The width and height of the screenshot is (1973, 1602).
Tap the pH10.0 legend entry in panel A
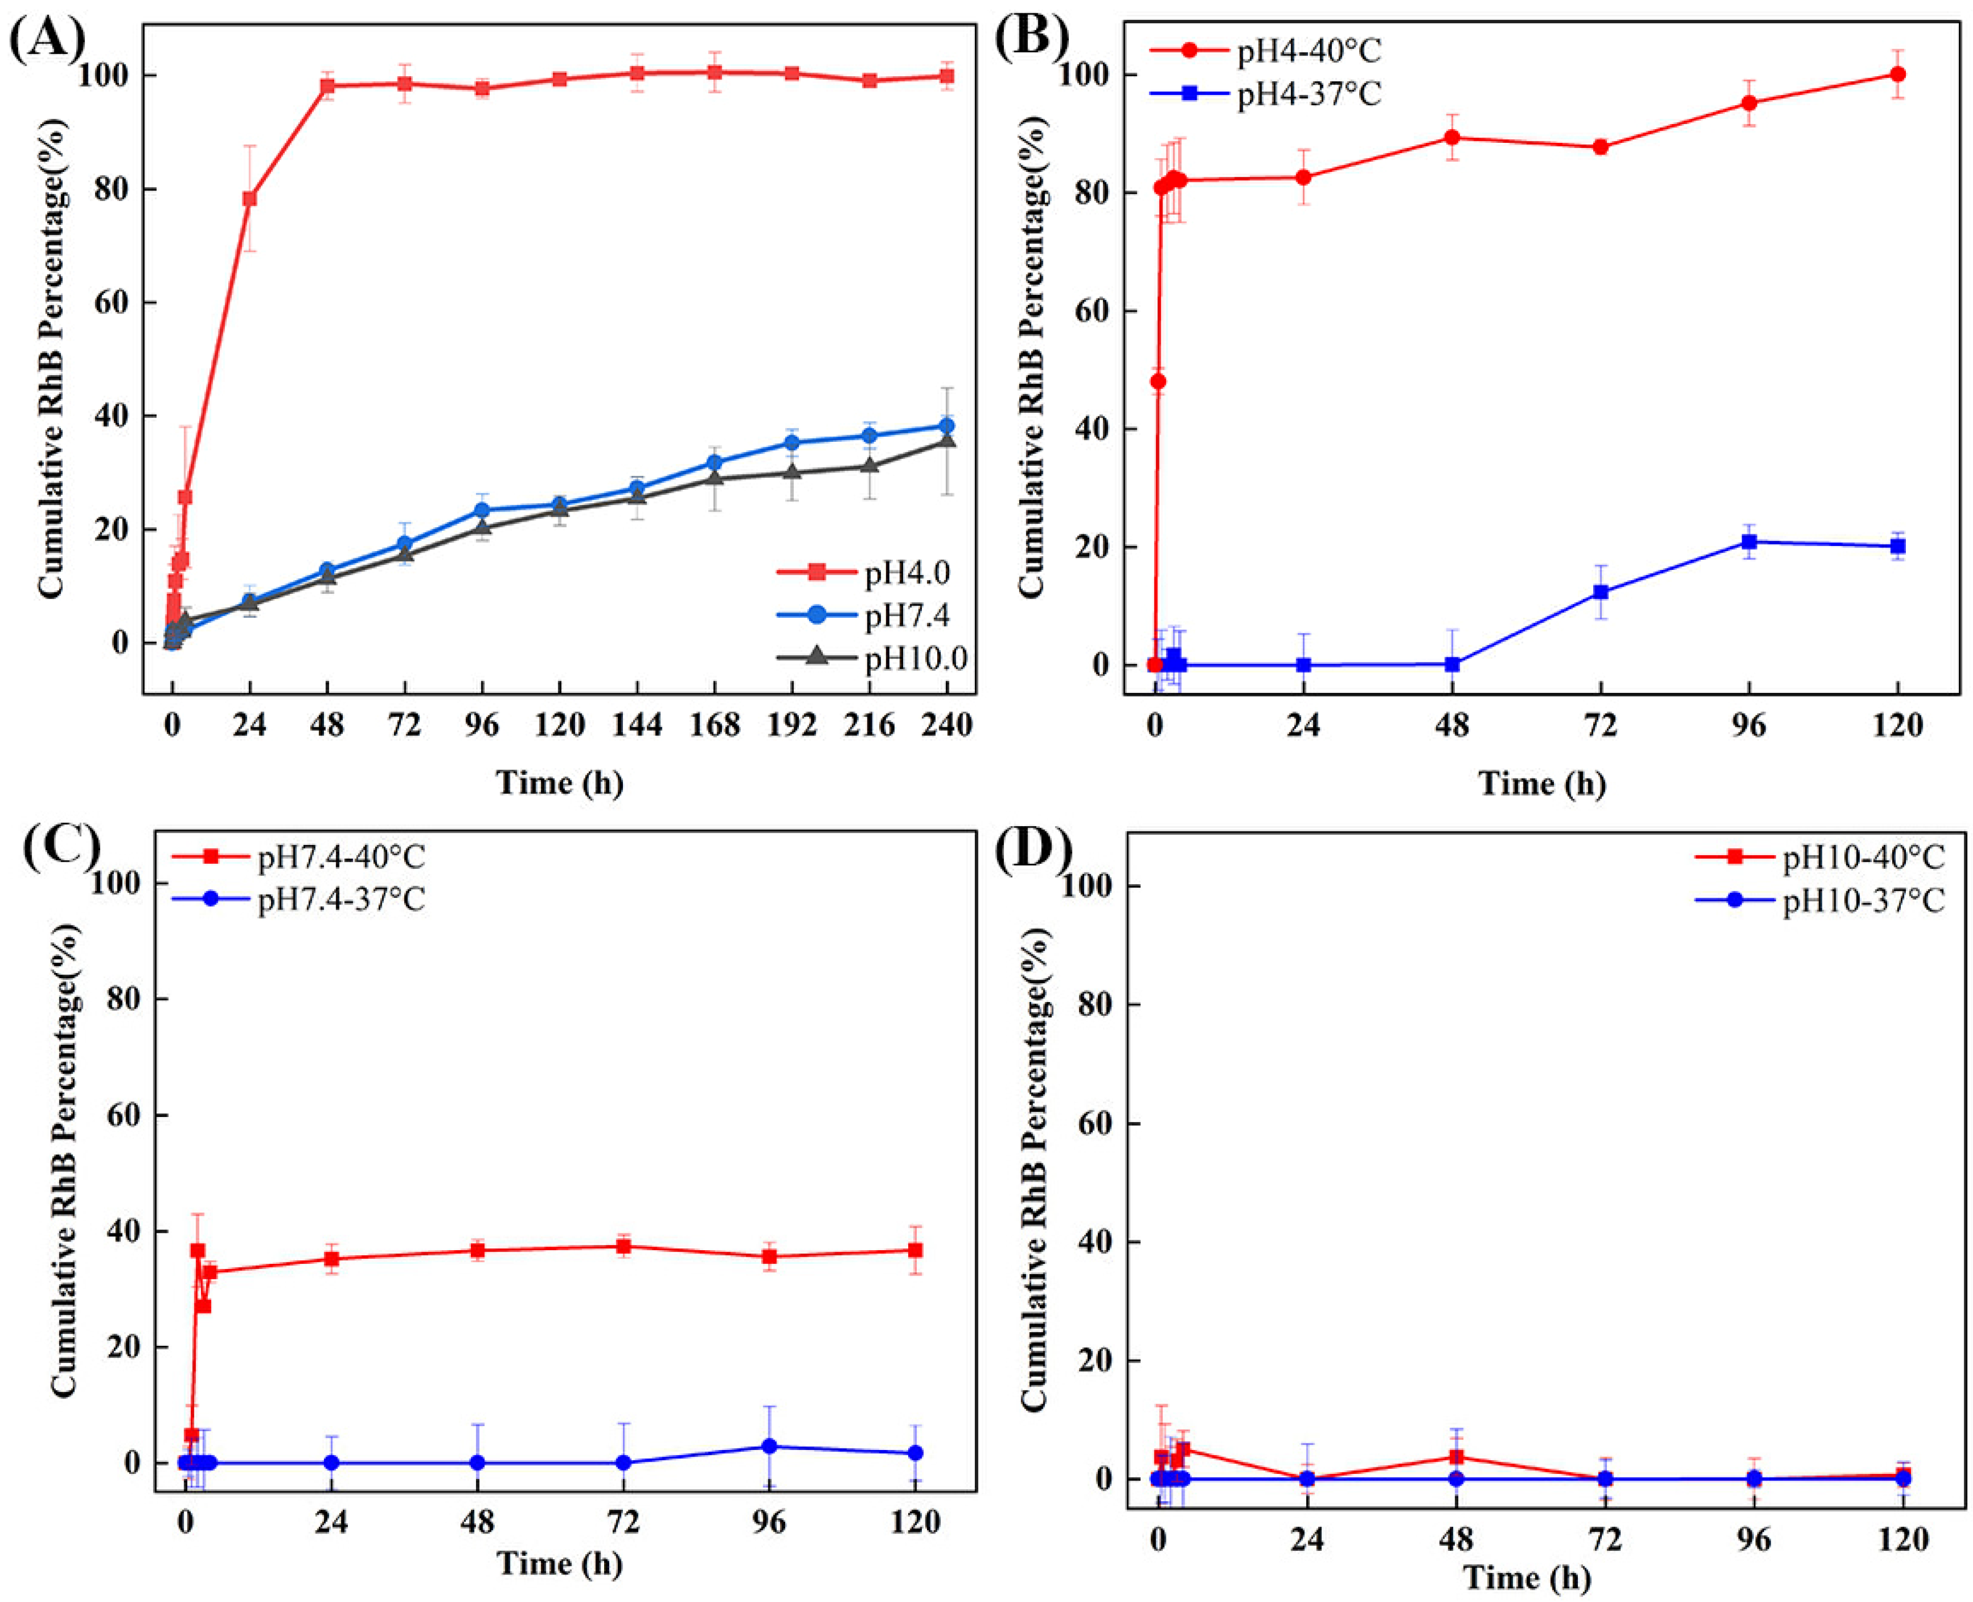pyautogui.click(x=914, y=658)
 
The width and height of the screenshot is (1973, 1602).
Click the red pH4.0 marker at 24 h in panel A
pyautogui.click(x=249, y=198)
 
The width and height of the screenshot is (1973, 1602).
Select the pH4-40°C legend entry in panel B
pyautogui.click(x=1308, y=51)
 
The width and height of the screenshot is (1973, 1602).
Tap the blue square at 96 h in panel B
pyautogui.click(x=1749, y=541)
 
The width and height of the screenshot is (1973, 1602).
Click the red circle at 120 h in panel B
pyautogui.click(x=1897, y=74)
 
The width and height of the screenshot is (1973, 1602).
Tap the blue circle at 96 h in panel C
pyautogui.click(x=769, y=1446)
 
